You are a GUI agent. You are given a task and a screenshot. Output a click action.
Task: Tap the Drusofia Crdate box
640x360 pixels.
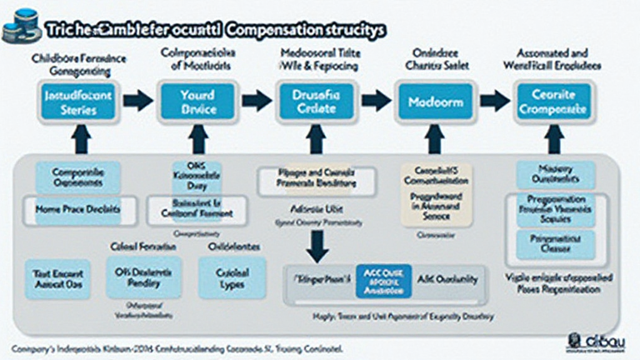coord(317,101)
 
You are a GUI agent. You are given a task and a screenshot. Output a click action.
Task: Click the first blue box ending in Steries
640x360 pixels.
coord(79,102)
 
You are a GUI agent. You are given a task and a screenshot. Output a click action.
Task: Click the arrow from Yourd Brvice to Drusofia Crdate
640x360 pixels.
coord(257,101)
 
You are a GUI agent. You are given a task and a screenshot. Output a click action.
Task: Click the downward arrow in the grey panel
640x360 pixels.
coord(317,246)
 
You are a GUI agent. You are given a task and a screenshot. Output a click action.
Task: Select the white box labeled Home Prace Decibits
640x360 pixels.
coord(79,210)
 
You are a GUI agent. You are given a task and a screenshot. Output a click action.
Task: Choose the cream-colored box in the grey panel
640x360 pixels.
coord(436,194)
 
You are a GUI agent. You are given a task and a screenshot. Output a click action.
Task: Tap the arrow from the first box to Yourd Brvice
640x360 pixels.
coord(138,101)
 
